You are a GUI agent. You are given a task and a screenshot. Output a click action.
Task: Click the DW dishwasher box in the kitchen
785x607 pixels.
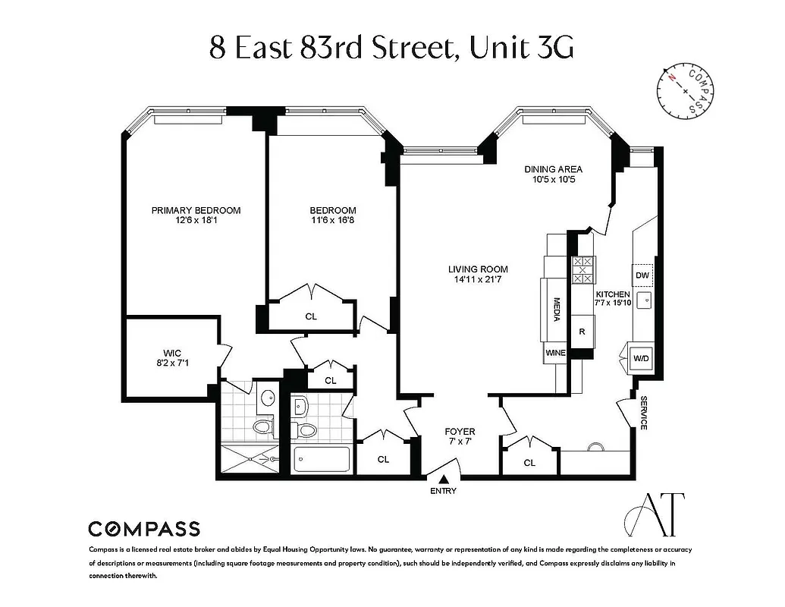coord(642,275)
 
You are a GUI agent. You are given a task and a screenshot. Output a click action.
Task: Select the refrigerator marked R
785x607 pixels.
coord(582,331)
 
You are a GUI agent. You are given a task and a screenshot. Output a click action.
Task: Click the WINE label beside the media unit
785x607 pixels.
coord(555,353)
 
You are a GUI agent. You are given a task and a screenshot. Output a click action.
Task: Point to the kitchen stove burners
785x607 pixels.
coord(582,270)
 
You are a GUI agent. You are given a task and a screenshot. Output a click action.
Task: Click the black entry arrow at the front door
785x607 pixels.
coord(443,478)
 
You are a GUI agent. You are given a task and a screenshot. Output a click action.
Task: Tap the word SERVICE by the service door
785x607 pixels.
coord(643,413)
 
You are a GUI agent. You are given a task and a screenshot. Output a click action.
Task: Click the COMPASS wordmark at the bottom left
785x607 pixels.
coord(144,529)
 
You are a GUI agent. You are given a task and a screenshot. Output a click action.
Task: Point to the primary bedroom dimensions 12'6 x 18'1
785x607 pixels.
coord(196,221)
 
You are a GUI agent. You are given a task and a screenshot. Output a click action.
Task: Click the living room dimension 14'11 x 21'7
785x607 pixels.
coord(478,279)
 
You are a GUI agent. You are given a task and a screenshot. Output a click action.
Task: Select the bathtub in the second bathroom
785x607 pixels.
coord(321,460)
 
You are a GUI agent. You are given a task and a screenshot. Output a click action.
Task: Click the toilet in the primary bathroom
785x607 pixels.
coord(263,426)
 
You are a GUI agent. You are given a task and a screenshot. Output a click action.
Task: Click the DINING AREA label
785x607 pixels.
coord(553,170)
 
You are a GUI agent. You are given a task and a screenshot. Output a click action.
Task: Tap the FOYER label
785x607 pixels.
coord(460,432)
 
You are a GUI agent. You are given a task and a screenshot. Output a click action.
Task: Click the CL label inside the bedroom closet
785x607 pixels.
coord(311,316)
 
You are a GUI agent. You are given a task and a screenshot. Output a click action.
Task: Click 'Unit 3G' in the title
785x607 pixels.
coord(521,47)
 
